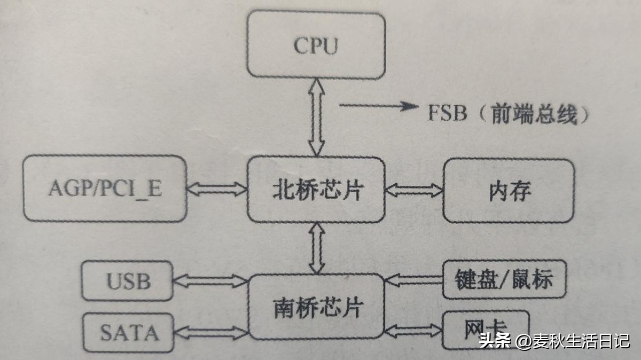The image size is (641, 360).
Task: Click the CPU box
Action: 316,45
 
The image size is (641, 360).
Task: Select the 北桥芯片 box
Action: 316,190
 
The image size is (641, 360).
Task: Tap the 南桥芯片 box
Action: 316,307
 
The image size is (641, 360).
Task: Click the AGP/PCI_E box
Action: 105,189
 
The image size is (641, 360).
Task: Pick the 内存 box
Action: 509,191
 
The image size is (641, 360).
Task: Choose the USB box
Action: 128,281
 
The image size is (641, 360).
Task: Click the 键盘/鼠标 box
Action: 504,279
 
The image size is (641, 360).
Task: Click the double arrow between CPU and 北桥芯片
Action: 316,118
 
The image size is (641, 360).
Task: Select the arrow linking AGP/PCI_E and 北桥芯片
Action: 217,190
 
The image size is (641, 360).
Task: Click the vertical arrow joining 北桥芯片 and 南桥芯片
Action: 317,248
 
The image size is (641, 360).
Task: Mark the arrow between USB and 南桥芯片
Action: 210,281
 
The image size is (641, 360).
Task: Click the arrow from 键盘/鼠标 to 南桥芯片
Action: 414,280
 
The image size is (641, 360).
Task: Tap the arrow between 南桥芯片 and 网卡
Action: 413,331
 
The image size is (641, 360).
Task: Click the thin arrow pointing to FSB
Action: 379,106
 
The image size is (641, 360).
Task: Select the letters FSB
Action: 448,113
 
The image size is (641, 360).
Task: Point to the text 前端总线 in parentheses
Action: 534,114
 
